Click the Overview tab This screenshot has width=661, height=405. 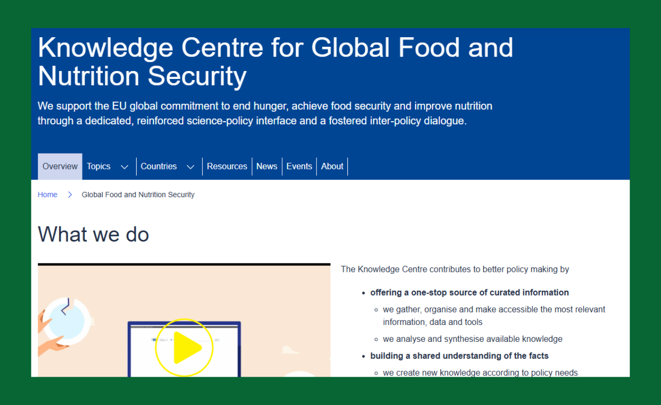60,166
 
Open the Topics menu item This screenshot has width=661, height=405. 98,166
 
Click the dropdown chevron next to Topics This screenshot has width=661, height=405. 125,167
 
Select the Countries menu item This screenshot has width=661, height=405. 159,166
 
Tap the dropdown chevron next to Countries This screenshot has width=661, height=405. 191,167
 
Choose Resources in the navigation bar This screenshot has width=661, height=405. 227,166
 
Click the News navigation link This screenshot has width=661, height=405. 267,166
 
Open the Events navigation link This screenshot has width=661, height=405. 299,166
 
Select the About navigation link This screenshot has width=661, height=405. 332,166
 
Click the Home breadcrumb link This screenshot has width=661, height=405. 48,195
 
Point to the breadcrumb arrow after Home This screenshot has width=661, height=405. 70,195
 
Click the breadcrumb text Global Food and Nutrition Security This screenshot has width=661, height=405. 138,195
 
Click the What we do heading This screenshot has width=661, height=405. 93,235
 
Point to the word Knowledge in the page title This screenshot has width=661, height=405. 106,48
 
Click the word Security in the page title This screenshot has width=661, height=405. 197,77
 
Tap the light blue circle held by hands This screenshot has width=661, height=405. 66,321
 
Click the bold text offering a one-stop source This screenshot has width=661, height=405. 470,292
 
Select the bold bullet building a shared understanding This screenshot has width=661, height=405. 459,356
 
